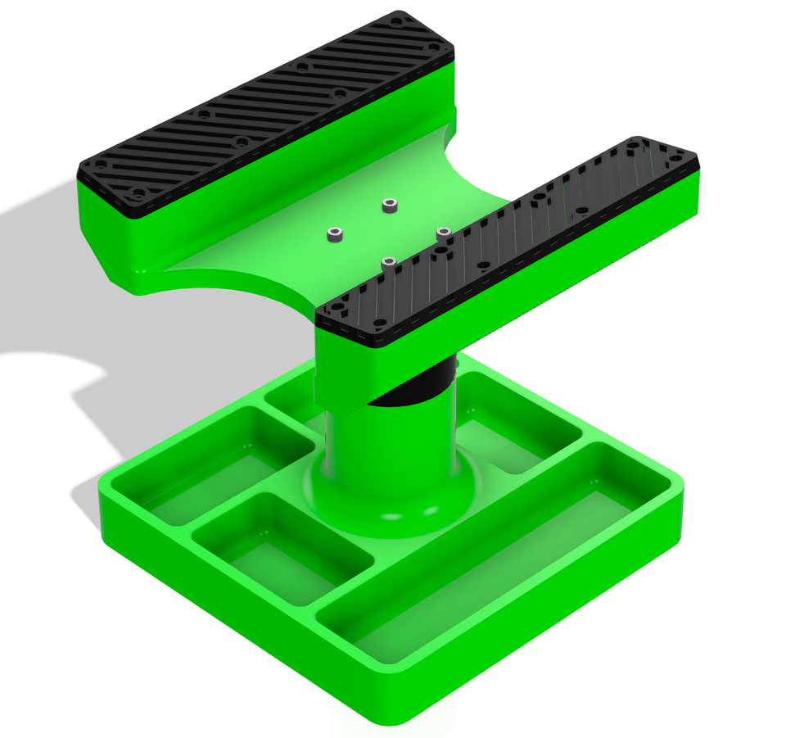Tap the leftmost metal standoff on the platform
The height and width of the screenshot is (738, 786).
click(334, 235)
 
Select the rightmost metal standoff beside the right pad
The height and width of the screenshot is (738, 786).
click(442, 233)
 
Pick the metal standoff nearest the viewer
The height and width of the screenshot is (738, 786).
click(388, 263)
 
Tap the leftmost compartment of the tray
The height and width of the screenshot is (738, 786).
click(209, 467)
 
